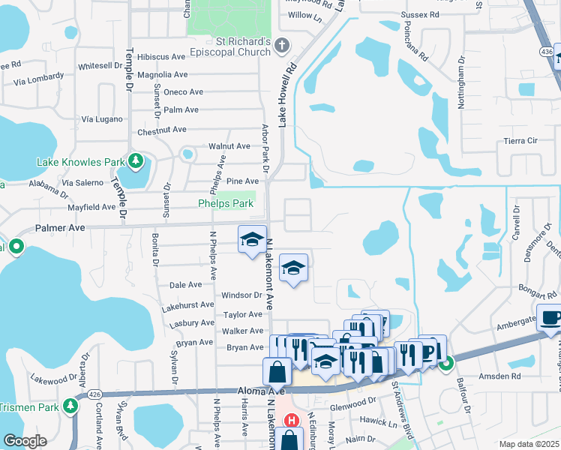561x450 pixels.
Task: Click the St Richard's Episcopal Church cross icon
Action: (282, 45)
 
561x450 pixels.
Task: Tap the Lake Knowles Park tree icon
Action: (136, 161)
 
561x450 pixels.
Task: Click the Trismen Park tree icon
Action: (71, 406)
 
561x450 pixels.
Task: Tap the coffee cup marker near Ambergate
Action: (550, 316)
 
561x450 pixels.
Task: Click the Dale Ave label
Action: (186, 285)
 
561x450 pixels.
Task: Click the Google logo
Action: (25, 440)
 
